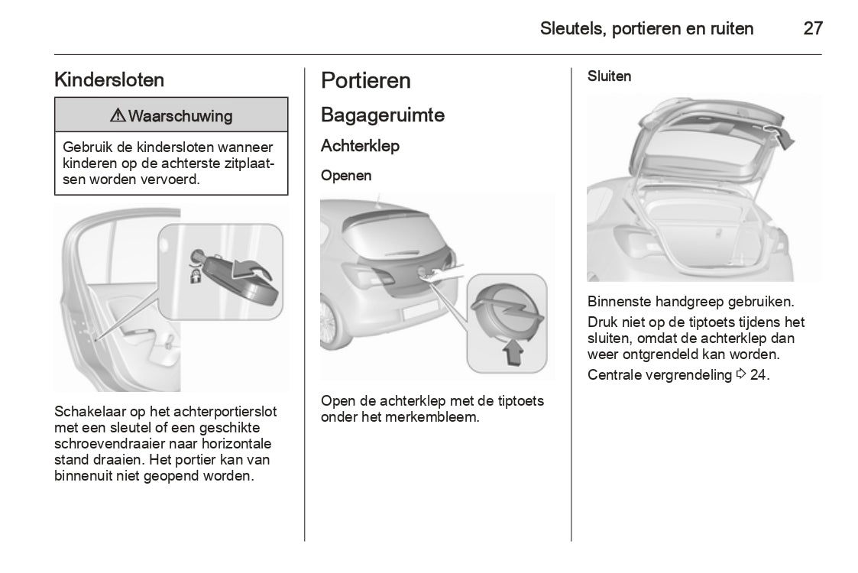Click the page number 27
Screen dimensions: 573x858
point(812,29)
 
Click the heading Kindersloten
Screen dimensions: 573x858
point(109,79)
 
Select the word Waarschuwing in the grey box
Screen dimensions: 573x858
point(180,116)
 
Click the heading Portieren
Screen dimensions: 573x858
point(366,80)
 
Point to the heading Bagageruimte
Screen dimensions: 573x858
point(383,115)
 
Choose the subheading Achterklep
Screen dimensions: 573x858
point(360,145)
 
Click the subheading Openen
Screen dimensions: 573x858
point(346,176)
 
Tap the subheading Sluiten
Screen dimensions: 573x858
point(609,76)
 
